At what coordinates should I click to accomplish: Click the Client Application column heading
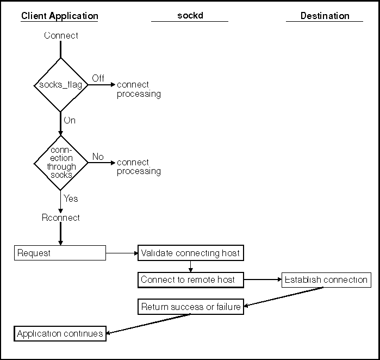(60, 16)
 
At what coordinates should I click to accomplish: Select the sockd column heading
(190, 16)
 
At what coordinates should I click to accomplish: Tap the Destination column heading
(325, 16)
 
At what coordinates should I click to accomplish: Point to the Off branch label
(98, 78)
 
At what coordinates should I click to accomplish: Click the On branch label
(70, 120)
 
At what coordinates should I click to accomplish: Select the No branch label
(98, 157)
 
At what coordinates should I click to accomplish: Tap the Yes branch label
(71, 198)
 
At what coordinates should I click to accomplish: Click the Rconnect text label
(60, 218)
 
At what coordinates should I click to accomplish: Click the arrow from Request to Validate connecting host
(122, 253)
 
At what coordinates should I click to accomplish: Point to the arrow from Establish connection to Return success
(284, 297)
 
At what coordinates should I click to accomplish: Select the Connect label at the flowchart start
(61, 36)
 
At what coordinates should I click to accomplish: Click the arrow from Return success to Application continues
(148, 324)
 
